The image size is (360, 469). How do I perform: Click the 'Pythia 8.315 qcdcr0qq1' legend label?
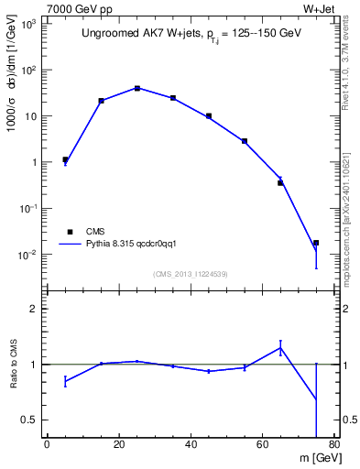click(x=136, y=245)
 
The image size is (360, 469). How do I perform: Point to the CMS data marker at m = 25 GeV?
click(x=136, y=88)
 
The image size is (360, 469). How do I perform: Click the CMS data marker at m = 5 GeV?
click(x=65, y=159)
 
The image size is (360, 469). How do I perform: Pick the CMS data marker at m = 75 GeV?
click(x=316, y=243)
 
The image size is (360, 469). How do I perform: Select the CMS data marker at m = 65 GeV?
click(x=280, y=183)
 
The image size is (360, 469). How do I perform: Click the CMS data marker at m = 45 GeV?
click(x=209, y=116)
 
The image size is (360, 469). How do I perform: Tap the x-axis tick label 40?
click(x=191, y=445)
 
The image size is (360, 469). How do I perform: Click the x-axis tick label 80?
click(x=333, y=445)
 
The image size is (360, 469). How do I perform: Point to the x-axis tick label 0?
click(x=47, y=445)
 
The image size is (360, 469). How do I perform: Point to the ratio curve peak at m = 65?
click(x=280, y=347)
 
